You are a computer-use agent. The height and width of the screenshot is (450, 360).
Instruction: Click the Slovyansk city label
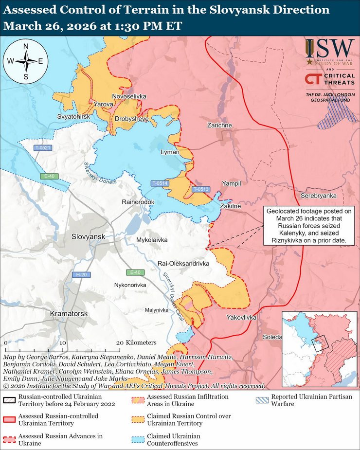click(x=88, y=236)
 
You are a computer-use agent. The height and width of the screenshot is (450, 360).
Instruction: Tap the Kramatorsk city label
click(x=69, y=314)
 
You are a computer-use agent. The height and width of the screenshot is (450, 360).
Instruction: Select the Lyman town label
click(x=170, y=152)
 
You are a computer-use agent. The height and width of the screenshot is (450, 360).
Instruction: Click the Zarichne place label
click(x=219, y=126)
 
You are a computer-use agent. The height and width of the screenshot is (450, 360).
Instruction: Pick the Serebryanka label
click(x=319, y=196)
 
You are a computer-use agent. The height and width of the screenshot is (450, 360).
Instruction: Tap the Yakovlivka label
click(x=241, y=317)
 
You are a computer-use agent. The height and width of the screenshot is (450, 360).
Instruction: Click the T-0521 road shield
click(x=42, y=147)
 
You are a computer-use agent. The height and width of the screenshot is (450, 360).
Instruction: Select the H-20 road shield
click(x=81, y=275)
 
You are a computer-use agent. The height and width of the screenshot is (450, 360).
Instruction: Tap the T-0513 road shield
click(x=200, y=189)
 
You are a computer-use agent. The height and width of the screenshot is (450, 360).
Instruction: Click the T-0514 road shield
click(x=159, y=183)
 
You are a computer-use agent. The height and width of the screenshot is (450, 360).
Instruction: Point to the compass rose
click(x=25, y=61)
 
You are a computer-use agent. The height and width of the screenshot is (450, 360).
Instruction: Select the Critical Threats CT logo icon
click(x=313, y=79)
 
